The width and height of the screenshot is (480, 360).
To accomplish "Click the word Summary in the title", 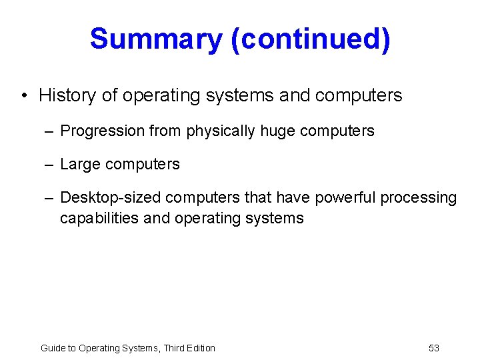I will click(x=155, y=39).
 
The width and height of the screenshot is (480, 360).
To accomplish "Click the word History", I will click(x=67, y=95).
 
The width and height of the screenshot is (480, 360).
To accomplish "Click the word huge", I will click(x=277, y=131).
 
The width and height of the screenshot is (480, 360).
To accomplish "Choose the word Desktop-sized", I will click(x=111, y=198).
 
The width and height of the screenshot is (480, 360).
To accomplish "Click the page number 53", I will click(x=433, y=348).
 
